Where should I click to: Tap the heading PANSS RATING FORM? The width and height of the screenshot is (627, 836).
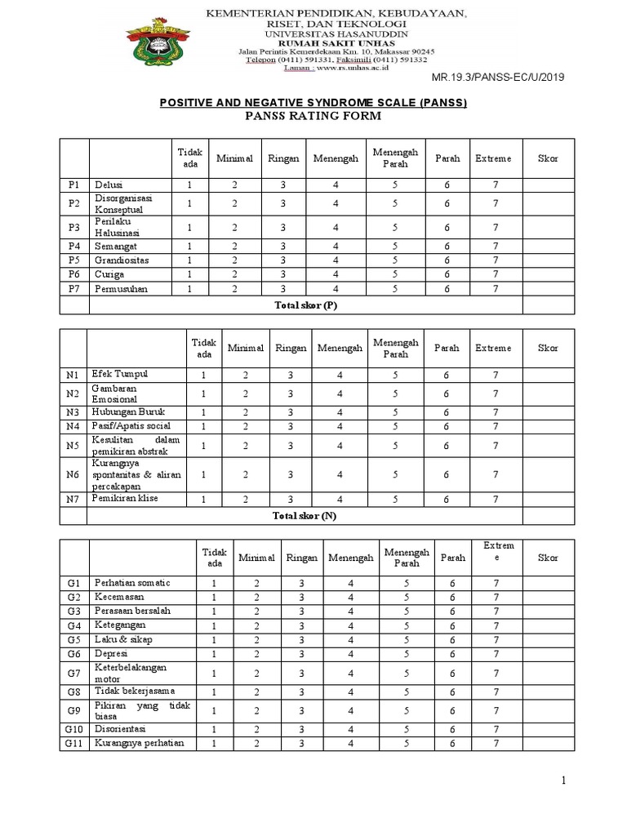[313, 117]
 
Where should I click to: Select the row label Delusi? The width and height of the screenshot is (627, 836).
[109, 185]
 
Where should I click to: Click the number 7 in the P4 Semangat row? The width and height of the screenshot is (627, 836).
[495, 246]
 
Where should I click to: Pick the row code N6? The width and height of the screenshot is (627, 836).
[73, 474]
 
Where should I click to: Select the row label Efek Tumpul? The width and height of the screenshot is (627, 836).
[120, 374]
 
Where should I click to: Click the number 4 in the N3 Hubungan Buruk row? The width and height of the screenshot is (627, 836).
[336, 412]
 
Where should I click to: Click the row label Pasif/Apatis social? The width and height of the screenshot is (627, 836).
[132, 426]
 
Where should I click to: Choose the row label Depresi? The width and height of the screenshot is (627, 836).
[110, 654]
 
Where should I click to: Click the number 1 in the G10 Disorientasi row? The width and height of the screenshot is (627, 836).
[215, 729]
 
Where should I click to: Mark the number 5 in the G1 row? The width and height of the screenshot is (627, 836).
[406, 583]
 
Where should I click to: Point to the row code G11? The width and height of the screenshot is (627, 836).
[73, 744]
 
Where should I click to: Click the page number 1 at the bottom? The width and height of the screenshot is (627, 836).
[563, 781]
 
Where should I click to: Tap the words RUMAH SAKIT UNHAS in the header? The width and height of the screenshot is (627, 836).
[336, 43]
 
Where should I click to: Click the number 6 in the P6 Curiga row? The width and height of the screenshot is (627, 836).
[447, 274]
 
